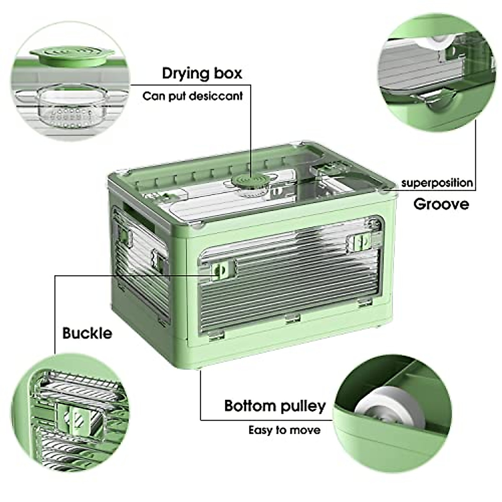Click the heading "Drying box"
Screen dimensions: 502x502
202,73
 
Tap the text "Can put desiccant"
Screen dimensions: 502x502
192,96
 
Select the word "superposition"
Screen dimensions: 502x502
437,183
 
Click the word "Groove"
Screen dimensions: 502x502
441,204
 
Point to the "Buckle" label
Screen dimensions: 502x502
87,333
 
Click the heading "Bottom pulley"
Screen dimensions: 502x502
275,406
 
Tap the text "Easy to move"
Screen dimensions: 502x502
284,430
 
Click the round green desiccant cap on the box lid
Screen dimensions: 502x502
251,183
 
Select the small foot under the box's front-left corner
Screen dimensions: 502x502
200,368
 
